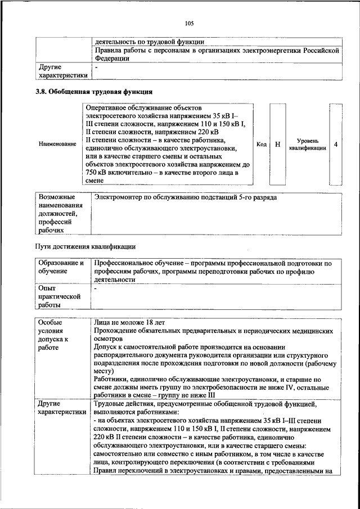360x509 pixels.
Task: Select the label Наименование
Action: click(x=57, y=144)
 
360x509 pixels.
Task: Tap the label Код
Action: click(x=262, y=145)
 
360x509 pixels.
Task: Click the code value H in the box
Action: click(x=277, y=145)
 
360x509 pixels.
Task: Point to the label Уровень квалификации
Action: click(x=308, y=145)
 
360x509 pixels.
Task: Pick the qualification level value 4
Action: click(x=335, y=145)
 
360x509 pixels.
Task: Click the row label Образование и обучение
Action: click(x=60, y=267)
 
